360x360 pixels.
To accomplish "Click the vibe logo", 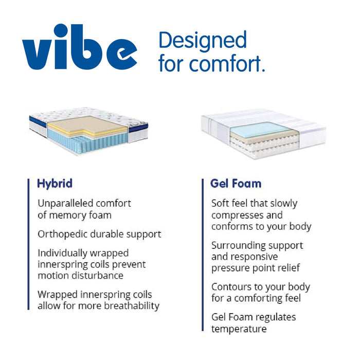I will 80,47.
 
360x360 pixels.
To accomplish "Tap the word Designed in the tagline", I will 203,40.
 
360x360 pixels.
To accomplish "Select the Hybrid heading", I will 55,183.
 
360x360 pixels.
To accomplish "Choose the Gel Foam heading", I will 236,183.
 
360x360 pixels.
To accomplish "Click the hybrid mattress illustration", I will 88,132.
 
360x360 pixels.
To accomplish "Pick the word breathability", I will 131,306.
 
